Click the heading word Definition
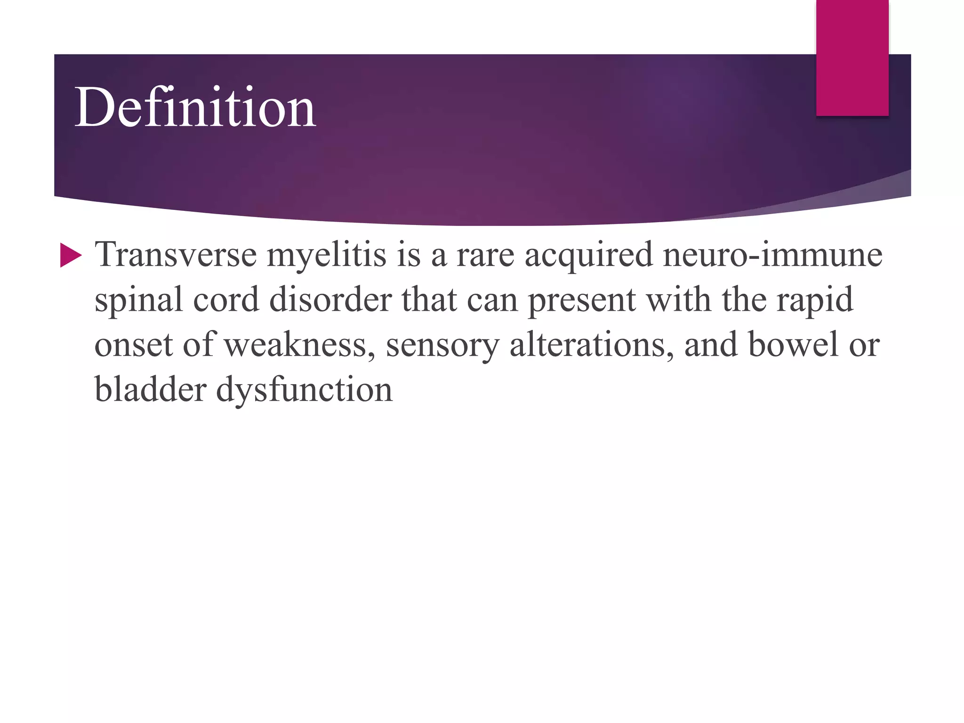pos(195,108)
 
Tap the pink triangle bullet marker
pos(71,256)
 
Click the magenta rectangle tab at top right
pos(852,58)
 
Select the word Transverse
pos(176,255)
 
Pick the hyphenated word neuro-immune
pos(772,255)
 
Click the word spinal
pos(138,300)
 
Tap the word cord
pos(226,299)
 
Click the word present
pos(582,300)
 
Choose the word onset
pos(134,345)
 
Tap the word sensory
pos(442,345)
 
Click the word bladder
pos(150,390)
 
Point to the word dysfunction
pos(304,390)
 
